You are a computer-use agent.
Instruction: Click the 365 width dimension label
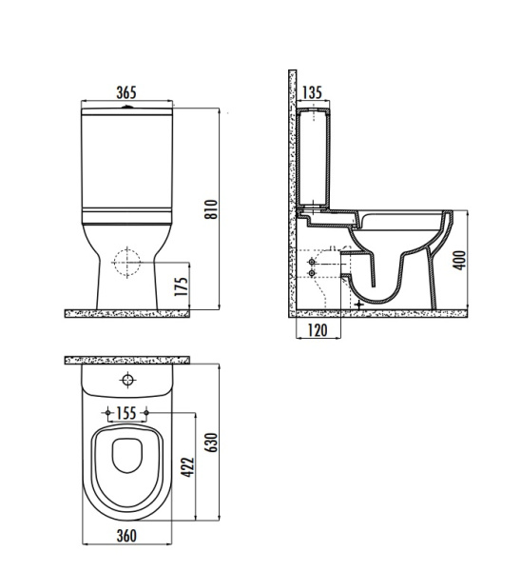coord(126,92)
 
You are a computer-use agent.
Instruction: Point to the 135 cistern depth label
coord(313,92)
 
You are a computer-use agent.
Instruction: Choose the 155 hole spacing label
coord(126,413)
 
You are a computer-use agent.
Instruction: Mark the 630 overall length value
coord(212,443)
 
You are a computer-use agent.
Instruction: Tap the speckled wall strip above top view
coord(126,360)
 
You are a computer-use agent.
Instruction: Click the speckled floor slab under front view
coord(126,312)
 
